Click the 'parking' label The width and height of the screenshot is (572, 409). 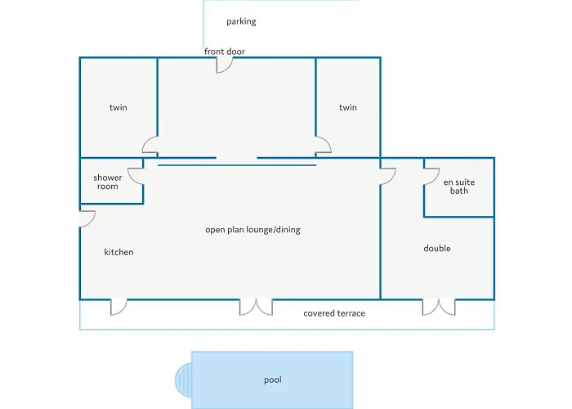(x=241, y=21)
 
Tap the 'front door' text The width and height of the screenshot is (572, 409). (x=225, y=52)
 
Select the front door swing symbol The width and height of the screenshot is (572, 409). (x=225, y=65)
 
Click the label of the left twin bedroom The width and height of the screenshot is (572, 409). (x=118, y=107)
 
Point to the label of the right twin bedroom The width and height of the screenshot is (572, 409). (x=348, y=107)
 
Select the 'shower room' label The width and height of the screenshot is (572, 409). (x=107, y=182)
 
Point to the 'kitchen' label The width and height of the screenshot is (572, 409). (x=118, y=252)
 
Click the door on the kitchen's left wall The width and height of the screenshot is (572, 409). (x=87, y=218)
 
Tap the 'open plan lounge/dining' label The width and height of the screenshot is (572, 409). (x=252, y=230)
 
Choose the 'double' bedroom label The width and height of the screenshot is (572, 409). (x=436, y=248)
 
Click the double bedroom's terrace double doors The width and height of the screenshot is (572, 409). (x=438, y=307)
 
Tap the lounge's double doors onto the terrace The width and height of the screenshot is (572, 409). (x=256, y=307)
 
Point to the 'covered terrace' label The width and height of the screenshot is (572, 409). (x=334, y=313)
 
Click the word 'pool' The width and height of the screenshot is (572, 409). (x=273, y=380)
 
